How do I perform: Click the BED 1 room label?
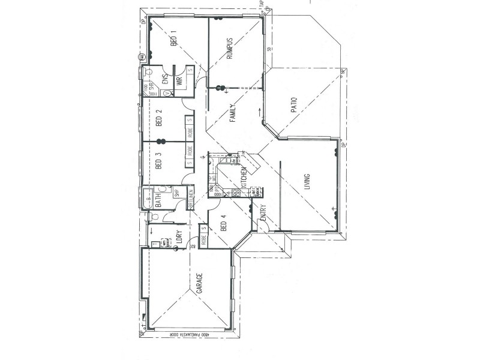(174, 39)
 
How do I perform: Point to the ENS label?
(165, 80)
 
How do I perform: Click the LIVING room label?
(307, 182)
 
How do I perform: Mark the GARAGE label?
(199, 284)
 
